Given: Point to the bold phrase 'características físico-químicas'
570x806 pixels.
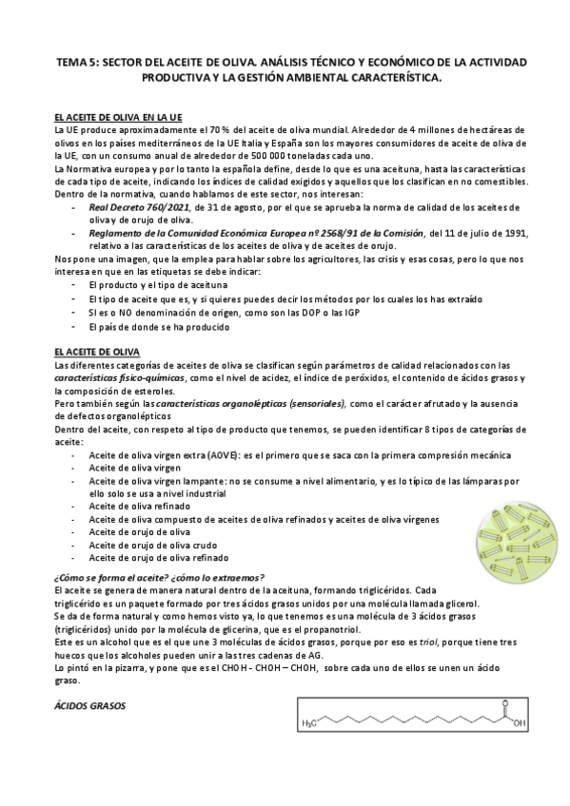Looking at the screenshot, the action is (x=105, y=377).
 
